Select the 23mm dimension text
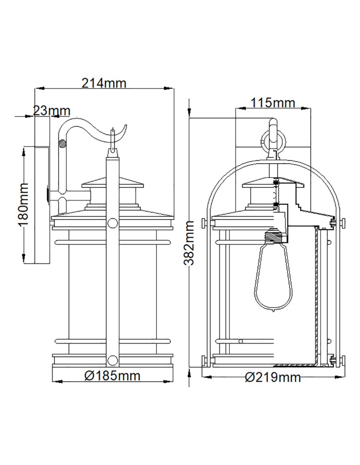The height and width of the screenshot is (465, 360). tap(52, 111)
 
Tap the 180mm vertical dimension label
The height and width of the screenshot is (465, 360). tap(23, 205)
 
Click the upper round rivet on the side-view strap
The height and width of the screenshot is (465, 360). tap(112, 223)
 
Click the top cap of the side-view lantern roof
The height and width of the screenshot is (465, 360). tap(112, 181)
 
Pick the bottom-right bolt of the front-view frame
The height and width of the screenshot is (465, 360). tap(342, 359)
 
